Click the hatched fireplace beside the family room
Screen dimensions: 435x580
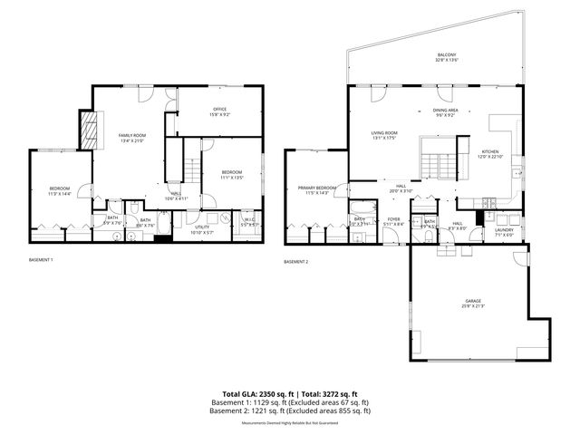89,130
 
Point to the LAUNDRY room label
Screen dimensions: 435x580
504,232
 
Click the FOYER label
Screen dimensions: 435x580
393,219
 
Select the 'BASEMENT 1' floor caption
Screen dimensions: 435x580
42,261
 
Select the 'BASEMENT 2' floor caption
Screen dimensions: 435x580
296,261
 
